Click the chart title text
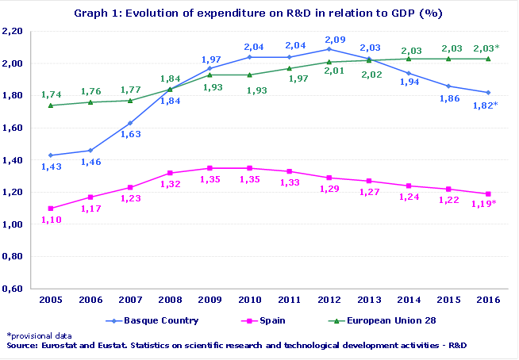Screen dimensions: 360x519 pos(259,13)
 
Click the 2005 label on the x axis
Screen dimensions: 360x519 pos(52,301)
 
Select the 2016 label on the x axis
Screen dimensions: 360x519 pos(487,301)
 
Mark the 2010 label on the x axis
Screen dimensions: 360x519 pos(250,301)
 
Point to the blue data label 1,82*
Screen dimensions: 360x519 pos(485,105)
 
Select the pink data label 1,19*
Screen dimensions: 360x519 pos(485,205)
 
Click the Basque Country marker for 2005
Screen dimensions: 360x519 pos(52,155)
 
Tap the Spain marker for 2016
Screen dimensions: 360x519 pos(487,193)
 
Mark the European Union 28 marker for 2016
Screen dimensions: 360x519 pos(487,58)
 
